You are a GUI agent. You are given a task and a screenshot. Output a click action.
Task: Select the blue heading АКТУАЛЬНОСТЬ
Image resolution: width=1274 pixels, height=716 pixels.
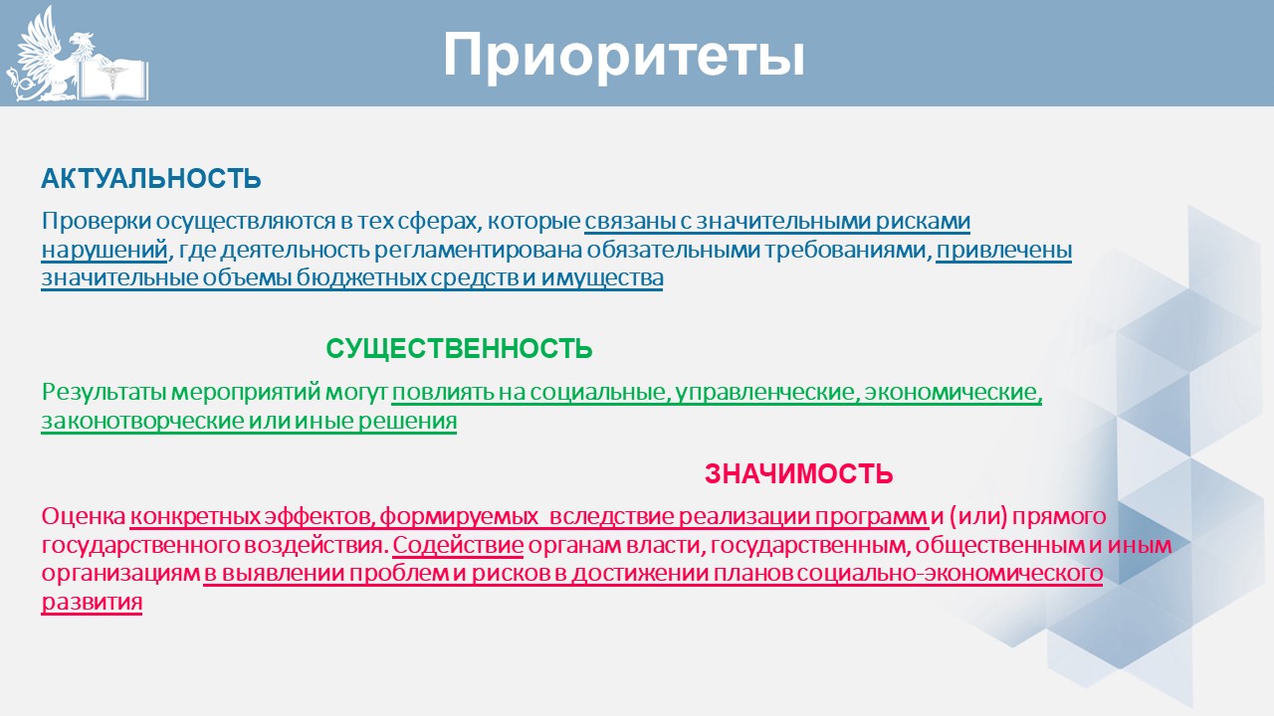(151, 179)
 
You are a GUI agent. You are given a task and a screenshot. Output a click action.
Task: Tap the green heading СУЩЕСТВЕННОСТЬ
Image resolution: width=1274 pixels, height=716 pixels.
(459, 348)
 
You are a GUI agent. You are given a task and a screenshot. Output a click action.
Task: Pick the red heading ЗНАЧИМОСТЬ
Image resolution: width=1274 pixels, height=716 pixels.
(798, 474)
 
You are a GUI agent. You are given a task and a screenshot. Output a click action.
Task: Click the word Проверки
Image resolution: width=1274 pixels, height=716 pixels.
(97, 221)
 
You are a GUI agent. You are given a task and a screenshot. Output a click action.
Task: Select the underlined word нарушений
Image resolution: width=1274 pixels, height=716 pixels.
(105, 250)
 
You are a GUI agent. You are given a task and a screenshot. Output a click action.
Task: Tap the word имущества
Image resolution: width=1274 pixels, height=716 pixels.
(602, 278)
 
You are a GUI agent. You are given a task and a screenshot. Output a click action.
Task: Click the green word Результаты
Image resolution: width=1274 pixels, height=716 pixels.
(105, 392)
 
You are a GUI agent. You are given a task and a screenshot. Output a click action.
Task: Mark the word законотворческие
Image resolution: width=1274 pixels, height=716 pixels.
(141, 421)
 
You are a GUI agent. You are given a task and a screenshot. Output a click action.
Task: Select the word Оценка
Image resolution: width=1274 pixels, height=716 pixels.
(84, 516)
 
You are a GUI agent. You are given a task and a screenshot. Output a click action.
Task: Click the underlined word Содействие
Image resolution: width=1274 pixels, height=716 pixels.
(458, 545)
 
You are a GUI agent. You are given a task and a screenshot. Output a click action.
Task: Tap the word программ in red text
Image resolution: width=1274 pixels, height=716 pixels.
(871, 517)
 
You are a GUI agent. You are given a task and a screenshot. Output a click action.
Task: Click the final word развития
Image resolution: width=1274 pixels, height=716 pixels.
(92, 603)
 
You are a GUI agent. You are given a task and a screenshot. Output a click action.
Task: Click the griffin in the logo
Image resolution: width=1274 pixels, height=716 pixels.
(49, 57)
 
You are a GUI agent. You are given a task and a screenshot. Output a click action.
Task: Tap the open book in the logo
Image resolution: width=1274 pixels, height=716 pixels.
(113, 80)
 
